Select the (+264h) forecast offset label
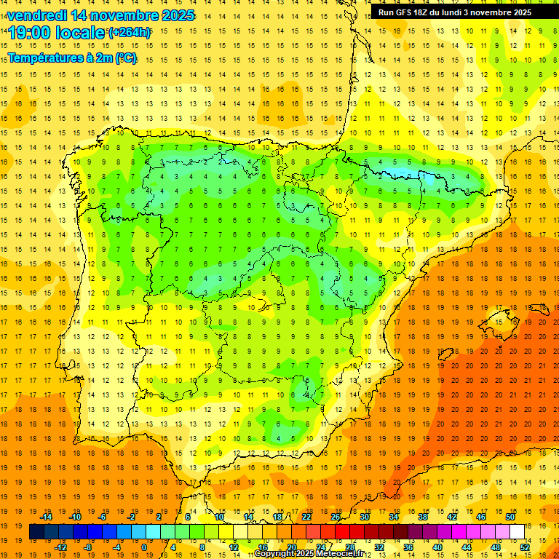click(x=130, y=33)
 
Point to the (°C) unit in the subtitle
click(x=125, y=58)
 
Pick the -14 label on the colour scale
click(x=47, y=517)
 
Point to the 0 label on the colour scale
click(x=143, y=547)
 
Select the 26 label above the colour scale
click(x=336, y=517)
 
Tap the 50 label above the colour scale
click(x=510, y=517)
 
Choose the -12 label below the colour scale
click(x=61, y=547)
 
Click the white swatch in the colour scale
click(x=517, y=532)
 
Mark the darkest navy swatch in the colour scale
click(x=36, y=532)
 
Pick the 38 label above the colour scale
click(x=422, y=517)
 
